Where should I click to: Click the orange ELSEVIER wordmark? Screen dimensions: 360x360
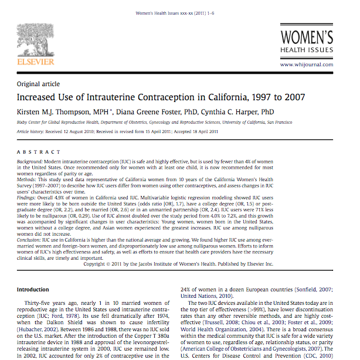point(36,61)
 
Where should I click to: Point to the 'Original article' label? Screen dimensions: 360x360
point(39,84)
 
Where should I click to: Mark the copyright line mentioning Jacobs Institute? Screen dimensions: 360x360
point(178,264)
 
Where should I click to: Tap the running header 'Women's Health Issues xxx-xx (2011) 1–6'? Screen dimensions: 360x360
point(179,12)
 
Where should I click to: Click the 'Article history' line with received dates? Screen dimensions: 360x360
point(117,131)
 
